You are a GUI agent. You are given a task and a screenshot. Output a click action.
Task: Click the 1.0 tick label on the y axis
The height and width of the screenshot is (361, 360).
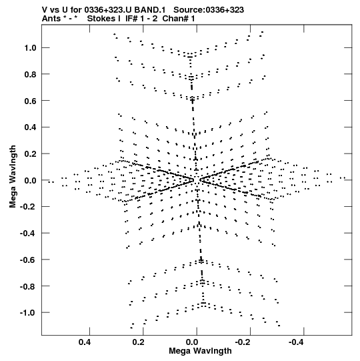click(31, 48)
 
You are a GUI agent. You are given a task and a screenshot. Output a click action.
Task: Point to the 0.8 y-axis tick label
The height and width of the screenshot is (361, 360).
click(31, 74)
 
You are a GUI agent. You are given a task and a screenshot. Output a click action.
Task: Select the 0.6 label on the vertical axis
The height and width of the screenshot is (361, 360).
click(31, 101)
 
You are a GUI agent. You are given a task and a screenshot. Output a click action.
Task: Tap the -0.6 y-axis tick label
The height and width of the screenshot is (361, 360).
click(28, 260)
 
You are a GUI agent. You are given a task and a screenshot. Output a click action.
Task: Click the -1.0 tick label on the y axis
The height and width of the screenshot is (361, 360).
click(28, 313)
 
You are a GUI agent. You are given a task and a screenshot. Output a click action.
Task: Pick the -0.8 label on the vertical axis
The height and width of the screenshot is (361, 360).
click(28, 286)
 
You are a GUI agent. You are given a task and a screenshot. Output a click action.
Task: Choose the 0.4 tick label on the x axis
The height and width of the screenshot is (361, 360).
click(85, 342)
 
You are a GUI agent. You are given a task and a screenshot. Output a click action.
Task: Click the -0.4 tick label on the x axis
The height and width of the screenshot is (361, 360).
click(297, 342)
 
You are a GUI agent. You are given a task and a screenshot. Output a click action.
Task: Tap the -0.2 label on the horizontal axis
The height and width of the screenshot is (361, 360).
click(243, 342)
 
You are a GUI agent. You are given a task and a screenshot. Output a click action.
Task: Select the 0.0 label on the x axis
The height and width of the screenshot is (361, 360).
click(192, 342)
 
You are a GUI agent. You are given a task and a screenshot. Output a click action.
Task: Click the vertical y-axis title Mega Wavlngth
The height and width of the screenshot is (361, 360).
click(13, 177)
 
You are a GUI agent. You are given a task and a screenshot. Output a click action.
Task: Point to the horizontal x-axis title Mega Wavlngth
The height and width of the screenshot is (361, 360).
click(200, 351)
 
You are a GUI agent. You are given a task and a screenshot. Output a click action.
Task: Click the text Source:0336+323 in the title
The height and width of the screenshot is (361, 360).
click(209, 10)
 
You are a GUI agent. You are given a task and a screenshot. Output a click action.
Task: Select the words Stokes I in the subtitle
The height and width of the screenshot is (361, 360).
click(104, 19)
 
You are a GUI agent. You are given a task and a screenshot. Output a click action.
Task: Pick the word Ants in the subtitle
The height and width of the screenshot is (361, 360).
click(51, 19)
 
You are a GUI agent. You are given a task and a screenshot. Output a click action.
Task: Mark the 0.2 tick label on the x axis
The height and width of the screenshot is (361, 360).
click(139, 342)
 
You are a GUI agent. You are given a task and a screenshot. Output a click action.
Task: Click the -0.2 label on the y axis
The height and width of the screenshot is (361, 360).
click(28, 207)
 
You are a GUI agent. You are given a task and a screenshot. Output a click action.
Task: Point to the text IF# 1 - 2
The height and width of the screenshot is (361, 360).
click(141, 19)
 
